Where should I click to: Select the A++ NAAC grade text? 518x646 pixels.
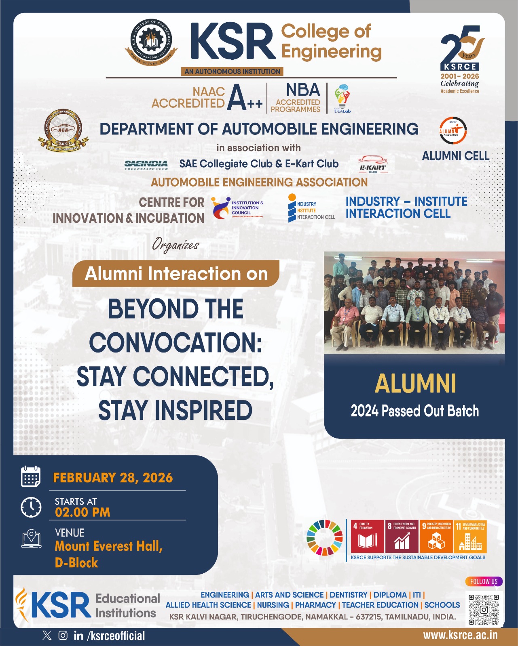point(245,98)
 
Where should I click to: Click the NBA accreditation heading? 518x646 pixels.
point(303,90)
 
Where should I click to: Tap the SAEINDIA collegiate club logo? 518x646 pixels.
point(146,164)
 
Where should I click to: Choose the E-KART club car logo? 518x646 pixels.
point(372,164)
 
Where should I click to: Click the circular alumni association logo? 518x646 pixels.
point(453,130)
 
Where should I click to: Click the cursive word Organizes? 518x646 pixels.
point(175,245)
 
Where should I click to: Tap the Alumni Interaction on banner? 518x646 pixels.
point(176,274)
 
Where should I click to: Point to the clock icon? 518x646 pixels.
point(31,507)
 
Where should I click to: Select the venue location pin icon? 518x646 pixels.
point(31,539)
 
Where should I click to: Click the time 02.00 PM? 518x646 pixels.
point(82,512)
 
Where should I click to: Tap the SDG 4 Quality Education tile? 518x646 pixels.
point(367,536)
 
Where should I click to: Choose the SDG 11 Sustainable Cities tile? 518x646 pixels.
point(470,536)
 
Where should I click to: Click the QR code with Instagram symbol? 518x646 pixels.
point(484,609)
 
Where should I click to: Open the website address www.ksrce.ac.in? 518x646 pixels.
point(460,635)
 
